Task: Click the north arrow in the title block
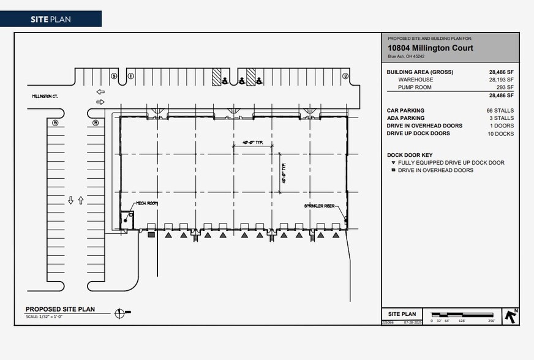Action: [511, 316]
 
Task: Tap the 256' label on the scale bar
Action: [491, 321]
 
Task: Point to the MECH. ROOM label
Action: [146, 203]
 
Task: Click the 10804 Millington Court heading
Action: [430, 48]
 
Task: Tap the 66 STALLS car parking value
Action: [500, 111]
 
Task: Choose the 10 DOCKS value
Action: [500, 133]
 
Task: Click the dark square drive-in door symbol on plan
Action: [151, 234]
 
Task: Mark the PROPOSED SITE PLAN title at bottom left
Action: [60, 309]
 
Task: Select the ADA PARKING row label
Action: [405, 118]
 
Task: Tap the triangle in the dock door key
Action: [393, 163]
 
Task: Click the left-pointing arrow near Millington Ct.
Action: [100, 92]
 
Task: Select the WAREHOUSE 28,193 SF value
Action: [501, 80]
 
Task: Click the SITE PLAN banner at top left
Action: [50, 19]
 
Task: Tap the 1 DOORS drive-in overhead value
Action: [503, 126]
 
